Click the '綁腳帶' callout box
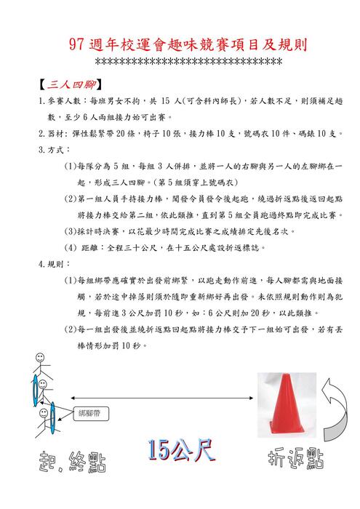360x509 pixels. point(92,412)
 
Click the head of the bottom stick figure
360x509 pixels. point(42,397)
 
